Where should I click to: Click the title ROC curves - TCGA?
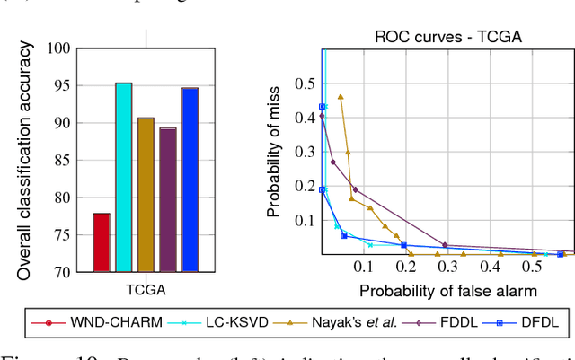(447, 37)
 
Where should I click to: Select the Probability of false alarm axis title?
(447, 290)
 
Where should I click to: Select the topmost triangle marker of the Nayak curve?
(341, 96)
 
